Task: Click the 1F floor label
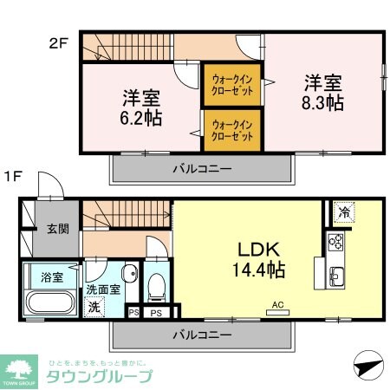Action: tap(12, 176)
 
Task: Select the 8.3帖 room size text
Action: tap(322, 103)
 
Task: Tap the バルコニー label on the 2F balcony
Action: tap(200, 168)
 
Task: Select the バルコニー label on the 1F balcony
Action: tap(200, 334)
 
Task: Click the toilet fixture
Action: tap(158, 284)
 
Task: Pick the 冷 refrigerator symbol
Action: tap(344, 210)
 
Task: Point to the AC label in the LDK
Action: tap(278, 304)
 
